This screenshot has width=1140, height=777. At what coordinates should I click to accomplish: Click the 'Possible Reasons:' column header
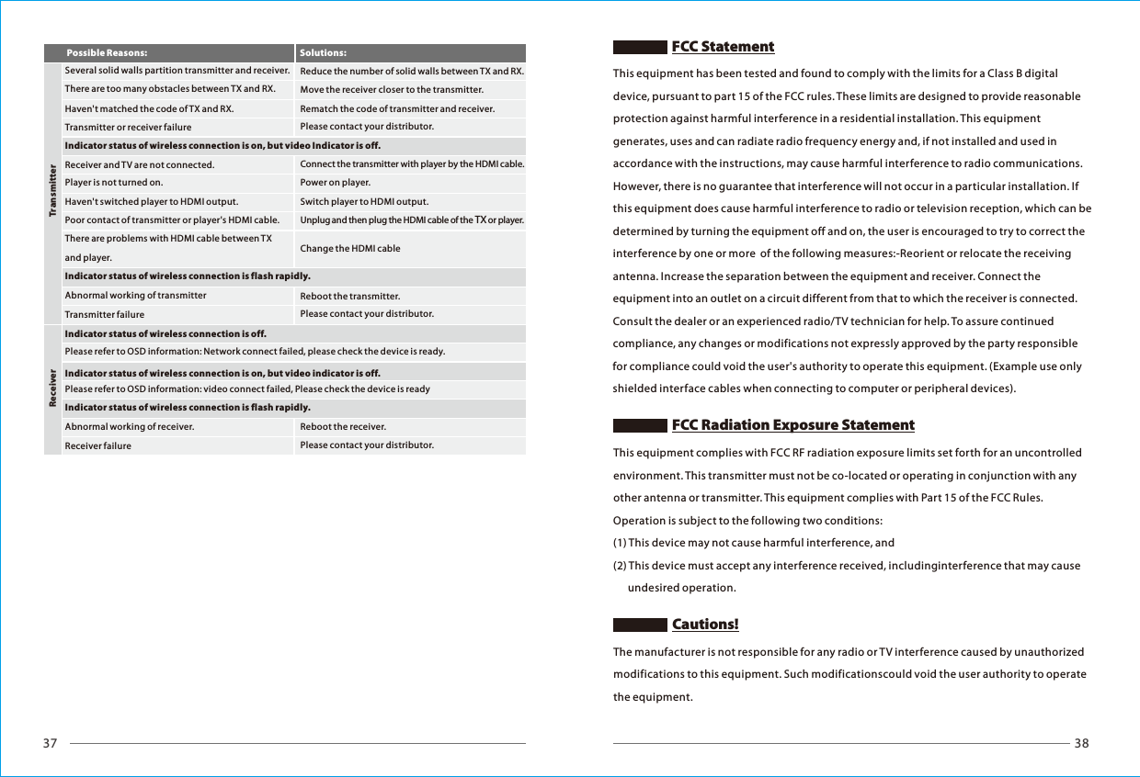pyautogui.click(x=107, y=53)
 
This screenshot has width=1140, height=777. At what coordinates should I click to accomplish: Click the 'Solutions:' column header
pyautogui.click(x=323, y=53)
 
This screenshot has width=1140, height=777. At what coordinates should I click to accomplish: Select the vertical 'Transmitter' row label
pyautogui.click(x=52, y=192)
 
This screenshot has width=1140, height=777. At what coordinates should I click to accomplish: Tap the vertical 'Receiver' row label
pyautogui.click(x=52, y=389)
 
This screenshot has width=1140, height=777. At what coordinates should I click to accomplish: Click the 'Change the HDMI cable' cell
pyautogui.click(x=350, y=249)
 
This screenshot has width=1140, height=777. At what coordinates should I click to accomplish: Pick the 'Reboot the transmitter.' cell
pyautogui.click(x=350, y=296)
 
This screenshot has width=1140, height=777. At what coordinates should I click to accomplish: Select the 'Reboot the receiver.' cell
pyautogui.click(x=343, y=427)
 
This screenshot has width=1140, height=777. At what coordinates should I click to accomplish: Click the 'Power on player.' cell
pyautogui.click(x=336, y=183)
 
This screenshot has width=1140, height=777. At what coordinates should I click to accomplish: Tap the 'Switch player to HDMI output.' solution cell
pyautogui.click(x=364, y=201)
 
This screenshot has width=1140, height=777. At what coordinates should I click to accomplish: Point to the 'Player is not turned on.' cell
pyautogui.click(x=114, y=183)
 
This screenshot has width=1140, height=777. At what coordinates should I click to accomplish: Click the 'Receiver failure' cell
pyautogui.click(x=98, y=446)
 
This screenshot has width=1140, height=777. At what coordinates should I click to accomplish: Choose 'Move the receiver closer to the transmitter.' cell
pyautogui.click(x=392, y=90)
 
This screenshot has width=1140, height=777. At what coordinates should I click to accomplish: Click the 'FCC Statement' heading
pyautogui.click(x=723, y=47)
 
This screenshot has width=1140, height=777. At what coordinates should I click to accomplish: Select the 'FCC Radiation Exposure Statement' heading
pyautogui.click(x=792, y=425)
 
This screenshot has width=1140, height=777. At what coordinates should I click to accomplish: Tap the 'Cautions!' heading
pyautogui.click(x=705, y=625)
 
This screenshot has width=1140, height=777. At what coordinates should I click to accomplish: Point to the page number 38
pyautogui.click(x=1081, y=744)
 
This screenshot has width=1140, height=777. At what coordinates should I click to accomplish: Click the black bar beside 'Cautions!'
pyautogui.click(x=640, y=625)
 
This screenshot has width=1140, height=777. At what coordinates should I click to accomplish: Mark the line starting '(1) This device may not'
pyautogui.click(x=754, y=544)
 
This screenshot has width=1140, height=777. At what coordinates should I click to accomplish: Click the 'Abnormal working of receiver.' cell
pyautogui.click(x=130, y=427)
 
